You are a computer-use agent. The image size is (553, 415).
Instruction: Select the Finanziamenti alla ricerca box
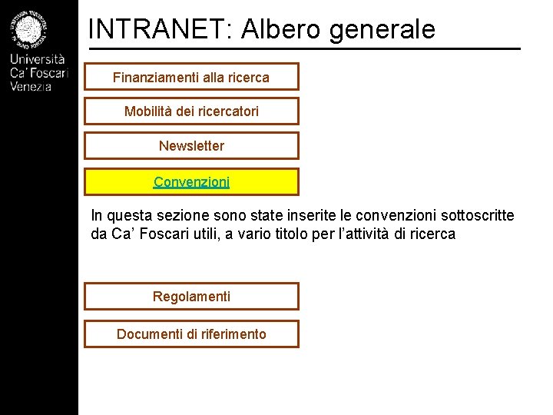(x=191, y=77)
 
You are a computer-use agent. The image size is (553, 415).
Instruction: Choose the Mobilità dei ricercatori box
(x=191, y=111)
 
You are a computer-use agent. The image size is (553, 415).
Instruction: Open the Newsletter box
(x=191, y=146)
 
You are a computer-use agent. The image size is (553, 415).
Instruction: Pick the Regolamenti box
(x=191, y=297)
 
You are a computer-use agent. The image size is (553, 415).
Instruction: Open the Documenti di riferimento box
(x=191, y=334)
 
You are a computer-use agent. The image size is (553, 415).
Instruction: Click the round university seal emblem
(x=29, y=29)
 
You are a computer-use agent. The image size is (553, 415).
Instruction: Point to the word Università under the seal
(x=38, y=60)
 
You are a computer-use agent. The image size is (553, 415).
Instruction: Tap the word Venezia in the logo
(x=31, y=86)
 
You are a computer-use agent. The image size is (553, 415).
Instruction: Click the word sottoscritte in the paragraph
(x=476, y=215)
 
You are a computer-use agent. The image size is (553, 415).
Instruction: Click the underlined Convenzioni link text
(x=191, y=182)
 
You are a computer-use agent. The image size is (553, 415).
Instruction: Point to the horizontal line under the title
(x=304, y=49)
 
